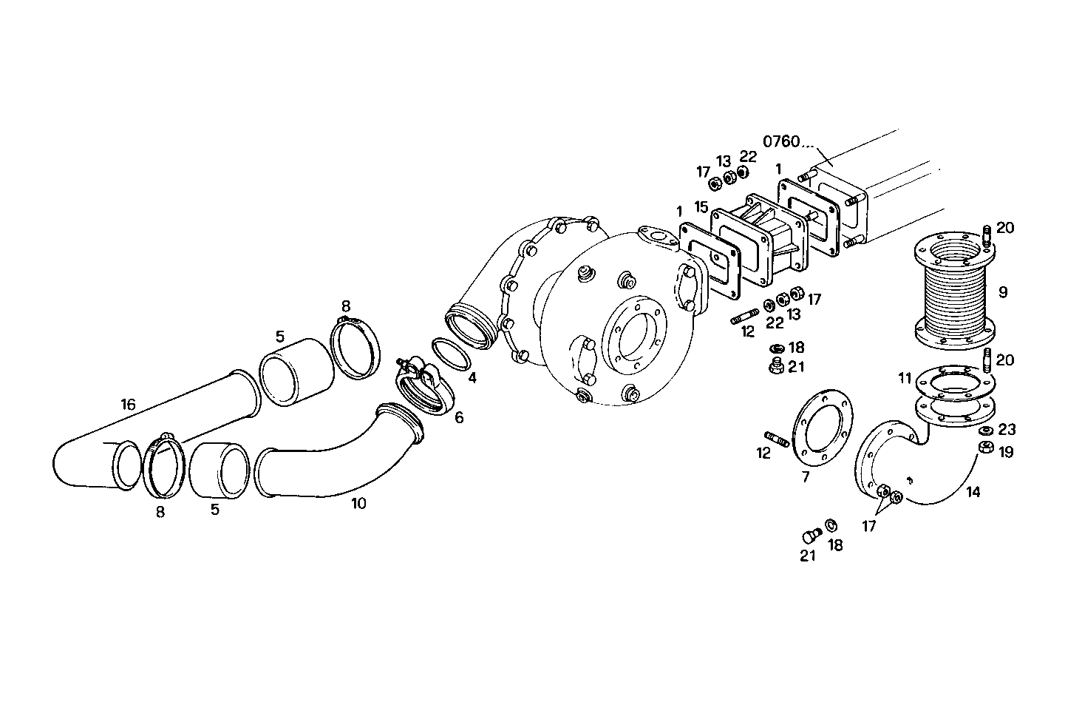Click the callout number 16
(129, 404)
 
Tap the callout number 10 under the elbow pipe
(358, 504)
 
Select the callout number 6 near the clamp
(459, 418)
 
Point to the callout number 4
(472, 378)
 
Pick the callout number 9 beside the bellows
(1002, 292)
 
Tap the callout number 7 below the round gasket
(806, 477)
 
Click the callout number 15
(701, 207)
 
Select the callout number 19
(1006, 451)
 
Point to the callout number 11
(905, 379)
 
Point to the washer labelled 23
(985, 431)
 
